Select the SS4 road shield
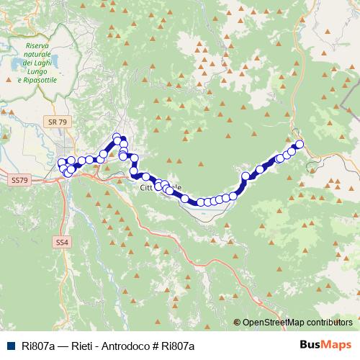(x=62, y=243)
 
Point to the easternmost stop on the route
(x=300, y=145)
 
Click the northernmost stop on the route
(x=117, y=136)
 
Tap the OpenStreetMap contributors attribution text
(x=297, y=323)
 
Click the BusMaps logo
(x=327, y=346)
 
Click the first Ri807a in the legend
(x=38, y=346)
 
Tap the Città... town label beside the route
(x=148, y=188)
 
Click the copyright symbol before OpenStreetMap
(x=237, y=323)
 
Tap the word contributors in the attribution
(x=328, y=323)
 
